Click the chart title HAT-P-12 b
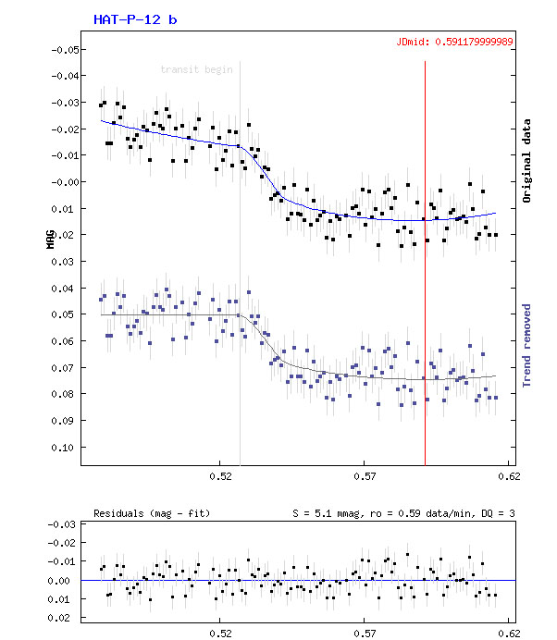135,19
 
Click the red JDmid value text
453,42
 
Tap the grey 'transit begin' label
196,69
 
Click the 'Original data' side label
527,161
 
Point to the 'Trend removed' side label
527,344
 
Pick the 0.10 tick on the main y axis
65,448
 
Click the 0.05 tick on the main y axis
65,314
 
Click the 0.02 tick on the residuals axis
65,616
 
